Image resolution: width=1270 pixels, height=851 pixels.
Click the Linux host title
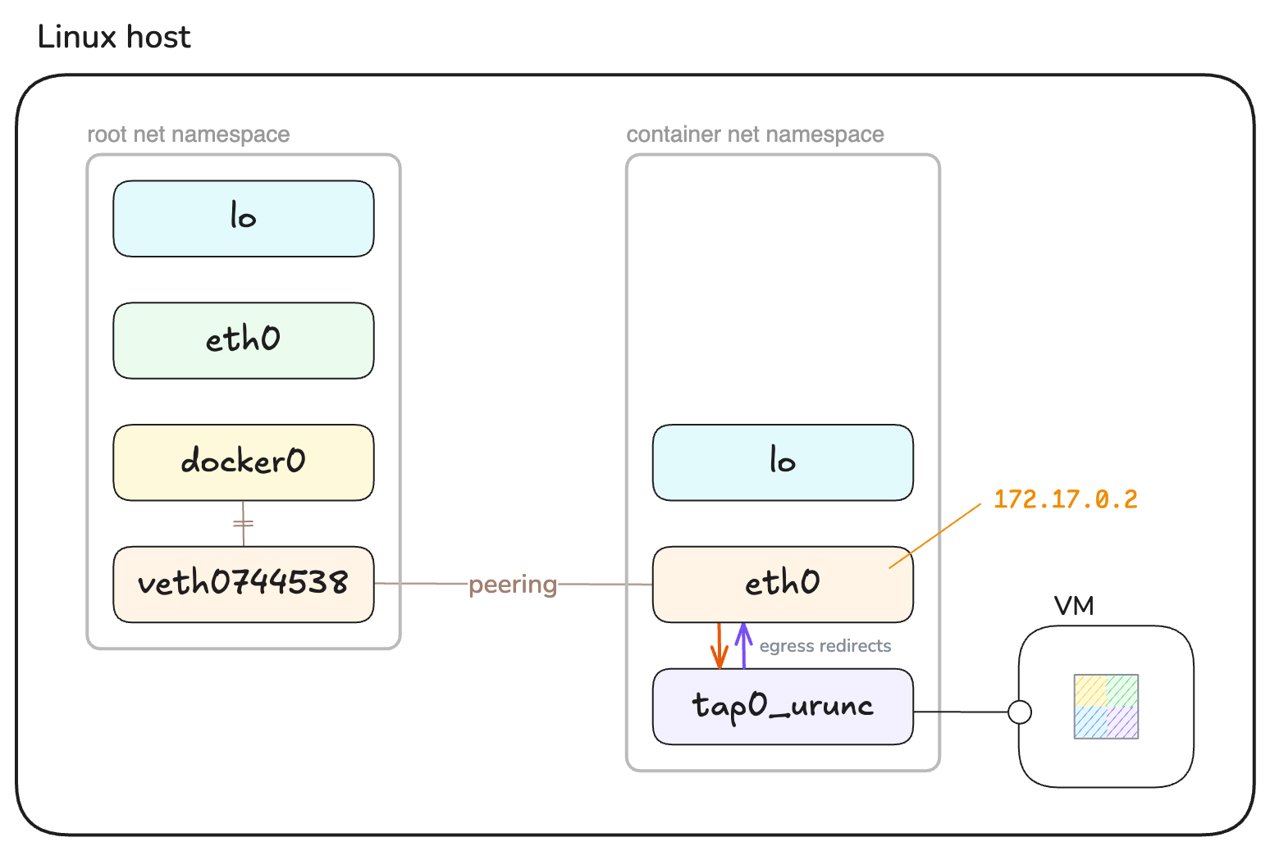[x=114, y=38]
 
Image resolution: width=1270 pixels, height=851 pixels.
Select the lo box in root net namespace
[x=244, y=218]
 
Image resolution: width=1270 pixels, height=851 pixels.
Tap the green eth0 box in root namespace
[x=244, y=340]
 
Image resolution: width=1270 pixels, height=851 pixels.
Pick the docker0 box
[x=244, y=462]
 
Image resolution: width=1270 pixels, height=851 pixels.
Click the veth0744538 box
[x=244, y=584]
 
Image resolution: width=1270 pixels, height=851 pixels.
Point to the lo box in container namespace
[x=783, y=462]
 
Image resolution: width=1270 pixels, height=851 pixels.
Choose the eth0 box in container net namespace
[x=783, y=584]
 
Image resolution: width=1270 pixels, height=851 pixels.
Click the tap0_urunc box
[x=783, y=707]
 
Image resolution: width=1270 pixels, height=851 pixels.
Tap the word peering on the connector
[x=513, y=585]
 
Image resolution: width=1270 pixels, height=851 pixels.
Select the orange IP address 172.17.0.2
[x=1065, y=499]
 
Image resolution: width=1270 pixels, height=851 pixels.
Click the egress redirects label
[x=825, y=646]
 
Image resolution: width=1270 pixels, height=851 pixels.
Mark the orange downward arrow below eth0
[x=720, y=647]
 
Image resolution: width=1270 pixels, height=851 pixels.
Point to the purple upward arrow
[x=743, y=645]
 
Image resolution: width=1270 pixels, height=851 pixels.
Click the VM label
[x=1074, y=607]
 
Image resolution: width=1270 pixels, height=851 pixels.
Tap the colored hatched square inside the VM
[x=1106, y=707]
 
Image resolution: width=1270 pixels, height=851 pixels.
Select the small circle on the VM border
[x=1020, y=712]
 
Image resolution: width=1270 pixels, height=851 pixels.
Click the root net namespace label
[x=188, y=134]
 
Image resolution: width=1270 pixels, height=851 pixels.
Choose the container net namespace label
[x=755, y=134]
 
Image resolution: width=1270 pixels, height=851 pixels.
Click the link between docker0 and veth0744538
[x=244, y=524]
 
